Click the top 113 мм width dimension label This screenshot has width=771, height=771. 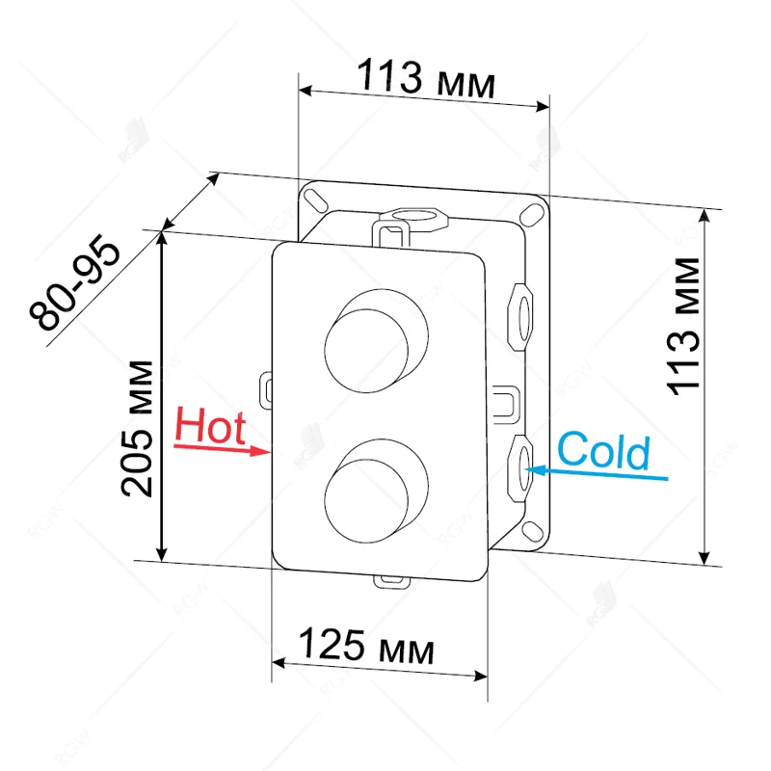click(426, 77)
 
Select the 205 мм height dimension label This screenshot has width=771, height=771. click(140, 427)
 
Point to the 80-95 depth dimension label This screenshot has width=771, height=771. click(74, 286)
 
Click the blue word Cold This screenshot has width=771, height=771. click(603, 450)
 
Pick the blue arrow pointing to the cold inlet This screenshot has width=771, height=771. click(598, 473)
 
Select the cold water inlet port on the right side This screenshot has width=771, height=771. click(521, 465)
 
